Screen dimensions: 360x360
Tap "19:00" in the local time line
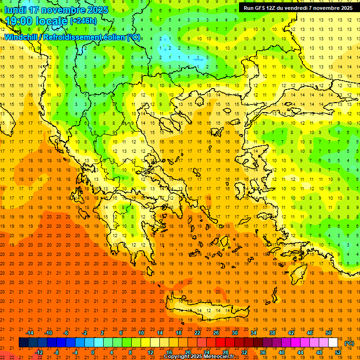[17, 21]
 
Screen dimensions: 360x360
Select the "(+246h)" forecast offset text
[83, 21]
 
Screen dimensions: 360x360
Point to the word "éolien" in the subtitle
[111, 37]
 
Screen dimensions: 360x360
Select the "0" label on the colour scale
[93, 352]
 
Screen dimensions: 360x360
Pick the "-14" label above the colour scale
[30, 333]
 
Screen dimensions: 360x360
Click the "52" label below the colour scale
[337, 352]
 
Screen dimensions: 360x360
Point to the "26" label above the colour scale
[216, 333]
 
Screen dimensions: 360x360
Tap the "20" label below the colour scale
[187, 352]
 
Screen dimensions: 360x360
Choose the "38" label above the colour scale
[272, 333]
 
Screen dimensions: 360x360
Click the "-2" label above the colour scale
[85, 333]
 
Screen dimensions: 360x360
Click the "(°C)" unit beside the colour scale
[349, 343]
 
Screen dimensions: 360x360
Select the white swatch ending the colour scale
[333, 343]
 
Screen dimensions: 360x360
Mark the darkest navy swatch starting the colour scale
[23, 343]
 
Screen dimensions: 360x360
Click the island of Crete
[206, 309]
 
